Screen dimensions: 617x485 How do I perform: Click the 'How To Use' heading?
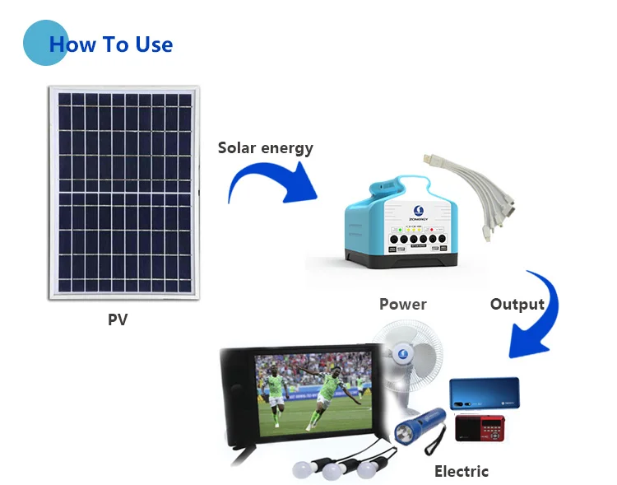click(x=111, y=44)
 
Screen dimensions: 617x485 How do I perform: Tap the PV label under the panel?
click(x=118, y=319)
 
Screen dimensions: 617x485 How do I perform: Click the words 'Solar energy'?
click(x=265, y=148)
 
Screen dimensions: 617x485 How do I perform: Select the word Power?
click(x=402, y=305)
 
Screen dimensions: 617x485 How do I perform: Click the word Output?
click(x=517, y=305)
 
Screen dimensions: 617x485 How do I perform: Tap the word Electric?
click(x=461, y=471)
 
